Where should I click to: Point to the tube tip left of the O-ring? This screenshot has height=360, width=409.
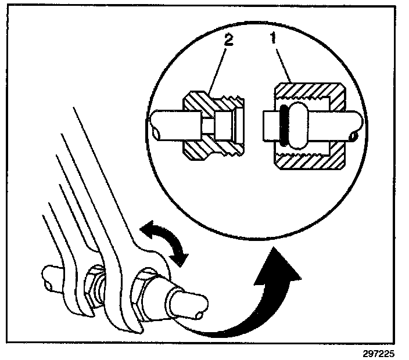271,127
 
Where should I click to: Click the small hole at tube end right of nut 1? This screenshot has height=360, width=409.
355,136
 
